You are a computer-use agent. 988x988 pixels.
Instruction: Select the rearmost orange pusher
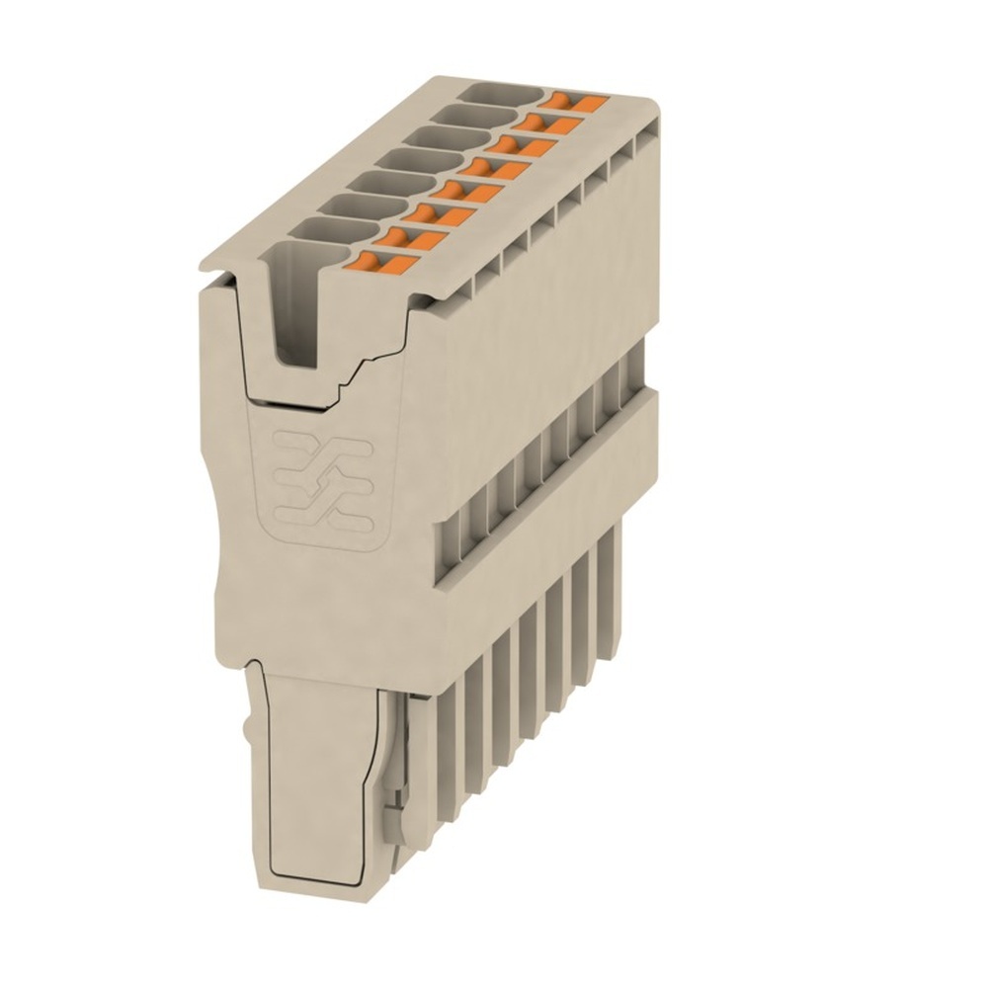[x=577, y=101]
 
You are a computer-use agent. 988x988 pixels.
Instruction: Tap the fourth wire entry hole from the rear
[x=414, y=157]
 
